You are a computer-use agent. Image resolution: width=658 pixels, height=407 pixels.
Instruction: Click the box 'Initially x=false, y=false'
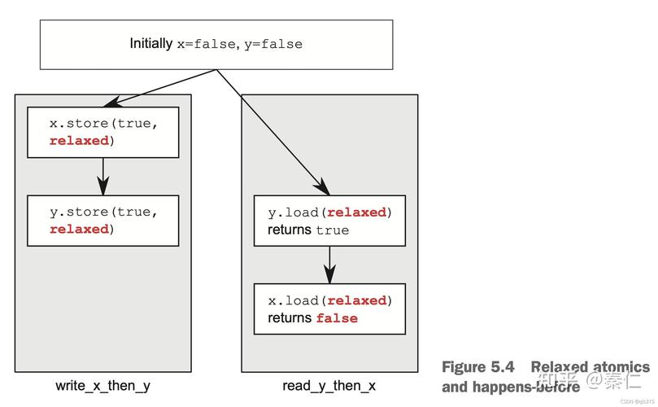(x=216, y=44)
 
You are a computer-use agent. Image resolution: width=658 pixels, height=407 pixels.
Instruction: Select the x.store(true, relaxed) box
(x=102, y=132)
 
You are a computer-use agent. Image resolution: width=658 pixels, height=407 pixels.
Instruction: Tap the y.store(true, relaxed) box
(x=102, y=221)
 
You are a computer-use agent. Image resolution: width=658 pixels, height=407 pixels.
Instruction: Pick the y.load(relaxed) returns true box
(x=329, y=221)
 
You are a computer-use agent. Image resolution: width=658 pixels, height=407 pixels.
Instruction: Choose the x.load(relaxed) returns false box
(x=329, y=309)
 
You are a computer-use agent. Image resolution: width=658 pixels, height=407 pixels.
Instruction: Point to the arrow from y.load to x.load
(x=329, y=265)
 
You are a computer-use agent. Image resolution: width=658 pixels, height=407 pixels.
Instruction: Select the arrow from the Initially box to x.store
(x=163, y=87)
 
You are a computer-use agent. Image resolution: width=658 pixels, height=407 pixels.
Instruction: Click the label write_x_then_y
(x=102, y=386)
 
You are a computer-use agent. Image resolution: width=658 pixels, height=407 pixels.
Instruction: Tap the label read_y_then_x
(x=329, y=386)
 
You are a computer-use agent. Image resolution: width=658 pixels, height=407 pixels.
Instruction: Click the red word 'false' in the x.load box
(x=337, y=318)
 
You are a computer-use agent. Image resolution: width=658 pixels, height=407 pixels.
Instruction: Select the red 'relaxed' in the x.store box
(x=79, y=141)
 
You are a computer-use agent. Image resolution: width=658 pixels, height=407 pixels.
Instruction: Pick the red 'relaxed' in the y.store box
(x=79, y=230)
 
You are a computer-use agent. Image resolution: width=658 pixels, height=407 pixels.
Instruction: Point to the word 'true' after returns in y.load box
(x=333, y=230)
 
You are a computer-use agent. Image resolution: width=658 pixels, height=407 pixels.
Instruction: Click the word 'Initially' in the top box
(x=151, y=44)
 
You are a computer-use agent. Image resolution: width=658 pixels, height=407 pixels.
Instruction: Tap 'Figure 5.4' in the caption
(x=478, y=367)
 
